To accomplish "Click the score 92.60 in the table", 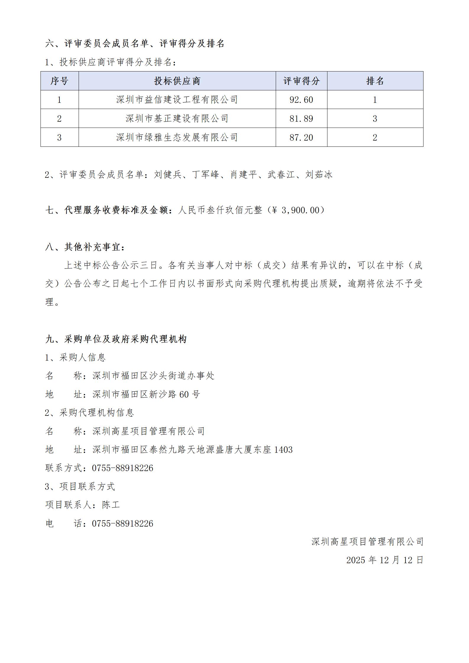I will pos(301,100).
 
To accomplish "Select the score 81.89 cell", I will pos(301,119).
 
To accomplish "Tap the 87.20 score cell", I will pos(301,138).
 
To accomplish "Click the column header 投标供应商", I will pos(177,81).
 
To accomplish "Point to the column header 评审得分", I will pos(301,81).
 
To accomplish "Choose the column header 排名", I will pos(375,81).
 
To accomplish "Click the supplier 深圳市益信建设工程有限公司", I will pos(177,100).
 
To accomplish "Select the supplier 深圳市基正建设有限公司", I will pos(177,119).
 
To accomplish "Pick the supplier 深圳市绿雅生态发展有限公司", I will pos(177,138).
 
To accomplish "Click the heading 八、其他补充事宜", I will pos(85,247).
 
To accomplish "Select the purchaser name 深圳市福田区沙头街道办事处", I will pos(153,376).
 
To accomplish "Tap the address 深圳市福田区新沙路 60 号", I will pos(146,394).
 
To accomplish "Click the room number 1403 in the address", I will pos(283,450).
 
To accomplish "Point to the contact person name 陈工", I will pos(111,505).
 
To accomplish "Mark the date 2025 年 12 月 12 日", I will pos(385,560).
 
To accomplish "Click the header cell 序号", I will pos(59,81).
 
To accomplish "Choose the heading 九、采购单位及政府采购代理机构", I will pos(116,339).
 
